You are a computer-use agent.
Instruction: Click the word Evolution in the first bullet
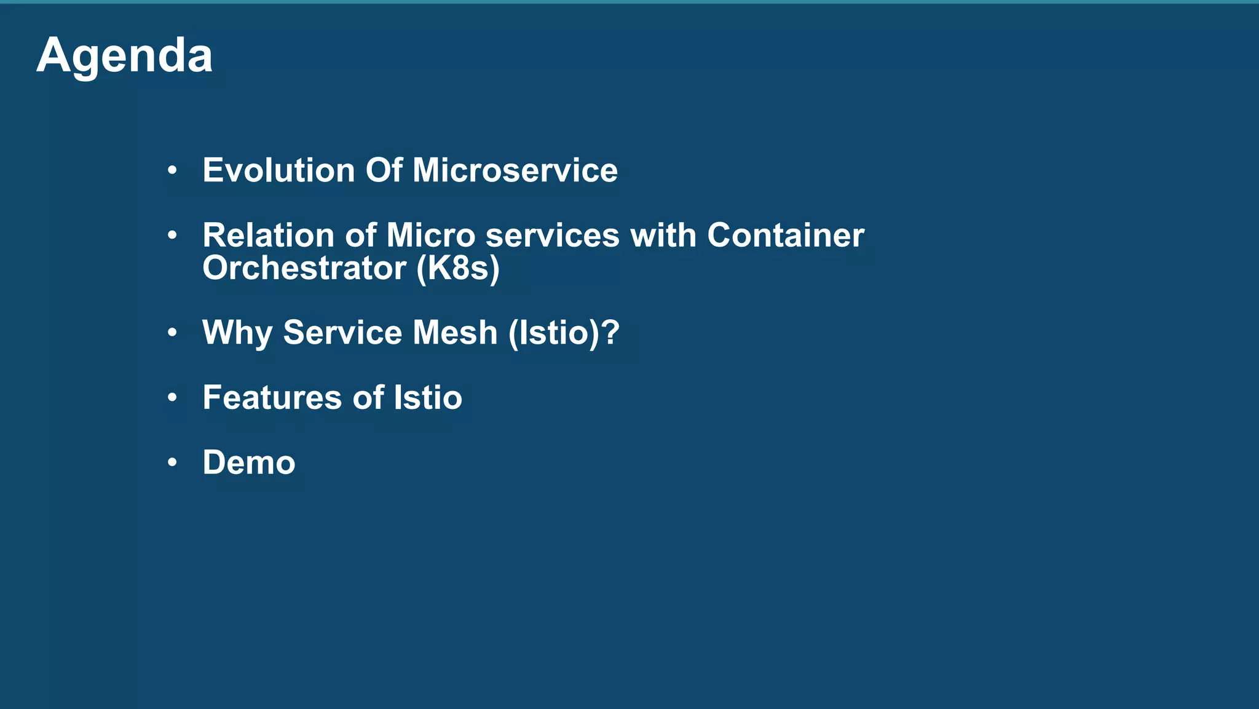click(278, 170)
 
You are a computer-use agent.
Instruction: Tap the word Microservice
click(515, 170)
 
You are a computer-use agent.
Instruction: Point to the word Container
click(785, 236)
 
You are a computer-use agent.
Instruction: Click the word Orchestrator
click(304, 268)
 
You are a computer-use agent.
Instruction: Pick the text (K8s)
click(458, 269)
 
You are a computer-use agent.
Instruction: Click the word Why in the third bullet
click(237, 333)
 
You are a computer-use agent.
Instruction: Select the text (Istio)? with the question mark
click(564, 333)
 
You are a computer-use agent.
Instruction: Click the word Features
click(271, 398)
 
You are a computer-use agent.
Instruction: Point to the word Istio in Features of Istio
click(427, 398)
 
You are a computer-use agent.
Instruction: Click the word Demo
click(249, 462)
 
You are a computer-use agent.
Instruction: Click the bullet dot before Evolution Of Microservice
click(172, 170)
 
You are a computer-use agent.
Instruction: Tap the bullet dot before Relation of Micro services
click(172, 236)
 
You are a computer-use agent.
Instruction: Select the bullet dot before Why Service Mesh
click(172, 333)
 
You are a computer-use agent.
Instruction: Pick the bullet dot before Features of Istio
click(172, 398)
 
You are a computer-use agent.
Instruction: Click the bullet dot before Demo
click(172, 462)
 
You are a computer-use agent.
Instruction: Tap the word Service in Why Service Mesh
click(342, 333)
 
